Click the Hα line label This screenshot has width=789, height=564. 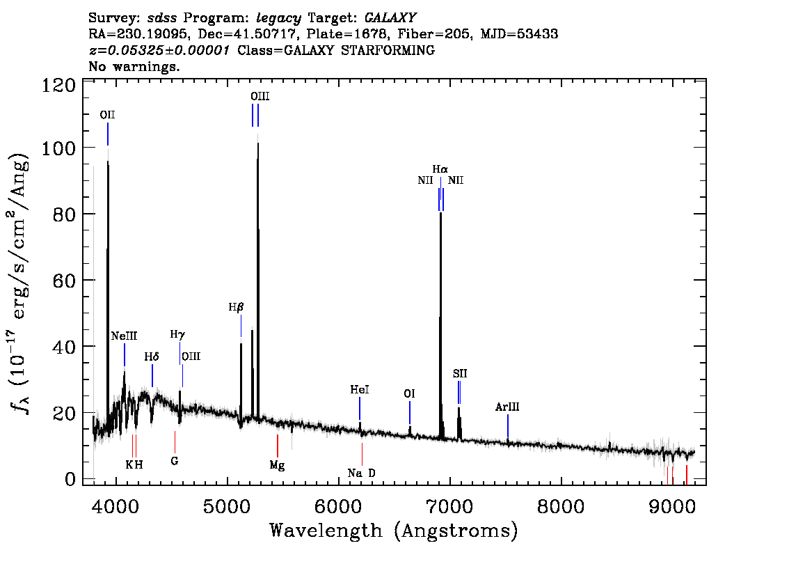click(x=440, y=169)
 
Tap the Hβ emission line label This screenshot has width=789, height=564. click(x=237, y=306)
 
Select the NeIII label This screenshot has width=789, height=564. click(x=125, y=336)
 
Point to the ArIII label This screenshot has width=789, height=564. click(x=508, y=407)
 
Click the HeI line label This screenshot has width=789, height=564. click(x=359, y=390)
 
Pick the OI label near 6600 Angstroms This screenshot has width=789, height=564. click(x=410, y=394)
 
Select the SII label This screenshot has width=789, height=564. click(x=459, y=374)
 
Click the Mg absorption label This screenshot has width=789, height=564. click(x=277, y=464)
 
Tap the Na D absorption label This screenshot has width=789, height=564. click(x=362, y=473)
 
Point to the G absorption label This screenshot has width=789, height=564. click(x=175, y=460)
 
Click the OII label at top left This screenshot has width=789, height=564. click(x=107, y=115)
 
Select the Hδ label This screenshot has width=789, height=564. click(x=152, y=357)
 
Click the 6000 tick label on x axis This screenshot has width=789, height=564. click(x=338, y=505)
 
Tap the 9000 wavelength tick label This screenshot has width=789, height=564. click(x=672, y=505)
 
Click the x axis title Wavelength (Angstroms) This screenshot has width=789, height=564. click(x=394, y=531)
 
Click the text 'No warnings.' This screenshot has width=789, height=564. click(x=134, y=67)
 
